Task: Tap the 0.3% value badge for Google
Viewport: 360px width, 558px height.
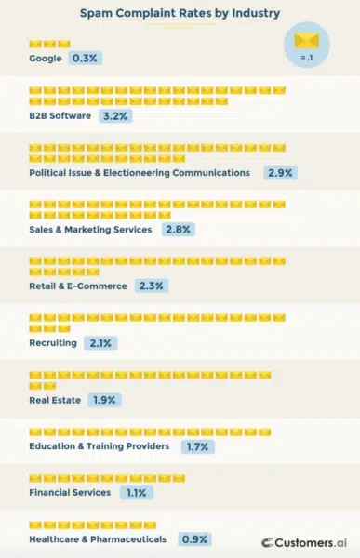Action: click(85, 59)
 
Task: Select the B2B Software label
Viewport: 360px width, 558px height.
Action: click(60, 116)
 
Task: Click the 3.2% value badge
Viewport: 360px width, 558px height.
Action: click(116, 116)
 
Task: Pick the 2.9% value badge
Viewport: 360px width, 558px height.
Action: click(280, 173)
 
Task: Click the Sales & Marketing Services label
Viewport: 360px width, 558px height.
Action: click(92, 229)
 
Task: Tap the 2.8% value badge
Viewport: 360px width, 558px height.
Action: click(178, 229)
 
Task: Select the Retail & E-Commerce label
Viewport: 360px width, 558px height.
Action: click(77, 286)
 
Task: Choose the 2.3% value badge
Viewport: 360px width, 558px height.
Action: click(151, 286)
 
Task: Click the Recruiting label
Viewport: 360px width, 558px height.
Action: click(54, 343)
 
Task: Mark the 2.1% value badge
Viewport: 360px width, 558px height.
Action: click(100, 343)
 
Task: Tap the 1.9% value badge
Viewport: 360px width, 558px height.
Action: click(105, 400)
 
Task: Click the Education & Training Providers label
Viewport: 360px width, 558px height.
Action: click(99, 446)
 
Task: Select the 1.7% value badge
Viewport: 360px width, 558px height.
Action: click(196, 446)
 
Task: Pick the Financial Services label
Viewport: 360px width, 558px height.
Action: click(70, 492)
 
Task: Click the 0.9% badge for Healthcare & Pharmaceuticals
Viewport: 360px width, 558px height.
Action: click(194, 538)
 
